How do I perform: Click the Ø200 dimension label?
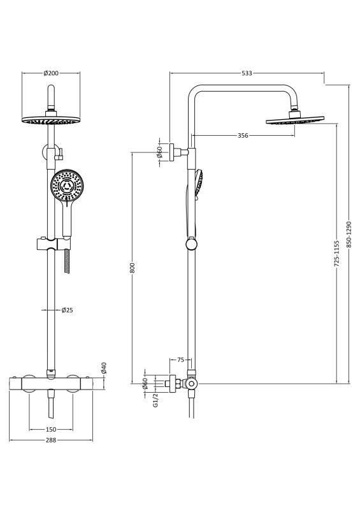[x=51, y=73]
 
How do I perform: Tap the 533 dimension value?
[x=247, y=73]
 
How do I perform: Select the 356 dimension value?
[x=243, y=136]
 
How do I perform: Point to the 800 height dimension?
[x=132, y=268]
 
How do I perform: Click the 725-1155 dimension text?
[x=337, y=254]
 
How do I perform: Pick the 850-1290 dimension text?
[x=349, y=235]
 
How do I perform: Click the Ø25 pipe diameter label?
[x=68, y=310]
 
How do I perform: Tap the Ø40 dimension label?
[x=104, y=368]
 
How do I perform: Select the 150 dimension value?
[x=51, y=429]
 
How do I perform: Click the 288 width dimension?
[x=51, y=440]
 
